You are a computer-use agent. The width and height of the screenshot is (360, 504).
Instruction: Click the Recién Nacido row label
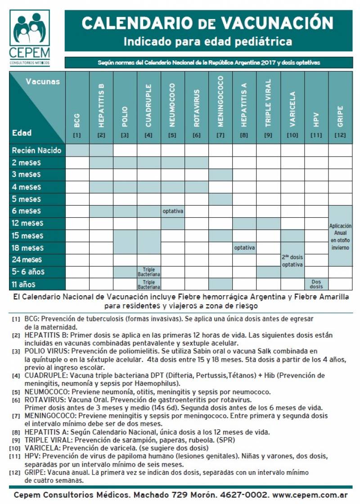pos(36,150)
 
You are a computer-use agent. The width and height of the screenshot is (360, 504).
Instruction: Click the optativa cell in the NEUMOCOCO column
pos(173,211)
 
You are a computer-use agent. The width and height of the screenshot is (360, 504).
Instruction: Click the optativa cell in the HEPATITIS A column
pos(244,247)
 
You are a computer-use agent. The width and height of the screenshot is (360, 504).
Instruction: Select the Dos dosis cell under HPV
pos(316,284)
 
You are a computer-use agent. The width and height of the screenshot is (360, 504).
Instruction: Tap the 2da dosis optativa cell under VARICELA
pos(292,260)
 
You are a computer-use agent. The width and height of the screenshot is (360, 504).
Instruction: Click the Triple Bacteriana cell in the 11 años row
pos(149,284)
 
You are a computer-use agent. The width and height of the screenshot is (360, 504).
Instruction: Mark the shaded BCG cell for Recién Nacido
pos(77,150)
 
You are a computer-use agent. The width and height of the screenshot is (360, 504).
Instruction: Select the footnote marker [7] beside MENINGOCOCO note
pos(16,417)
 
